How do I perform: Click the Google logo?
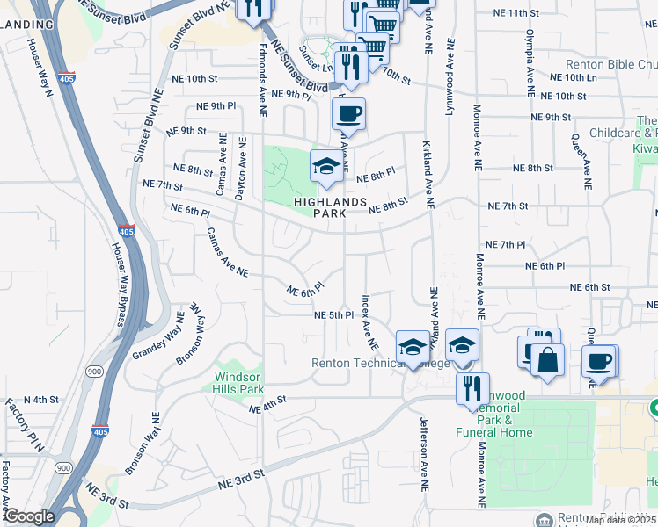pos(29,516)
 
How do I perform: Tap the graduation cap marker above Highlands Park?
pos(326,166)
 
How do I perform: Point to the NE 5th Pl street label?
pos(334,314)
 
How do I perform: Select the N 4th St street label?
pos(40,400)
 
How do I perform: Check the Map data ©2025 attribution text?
pos(621,520)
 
